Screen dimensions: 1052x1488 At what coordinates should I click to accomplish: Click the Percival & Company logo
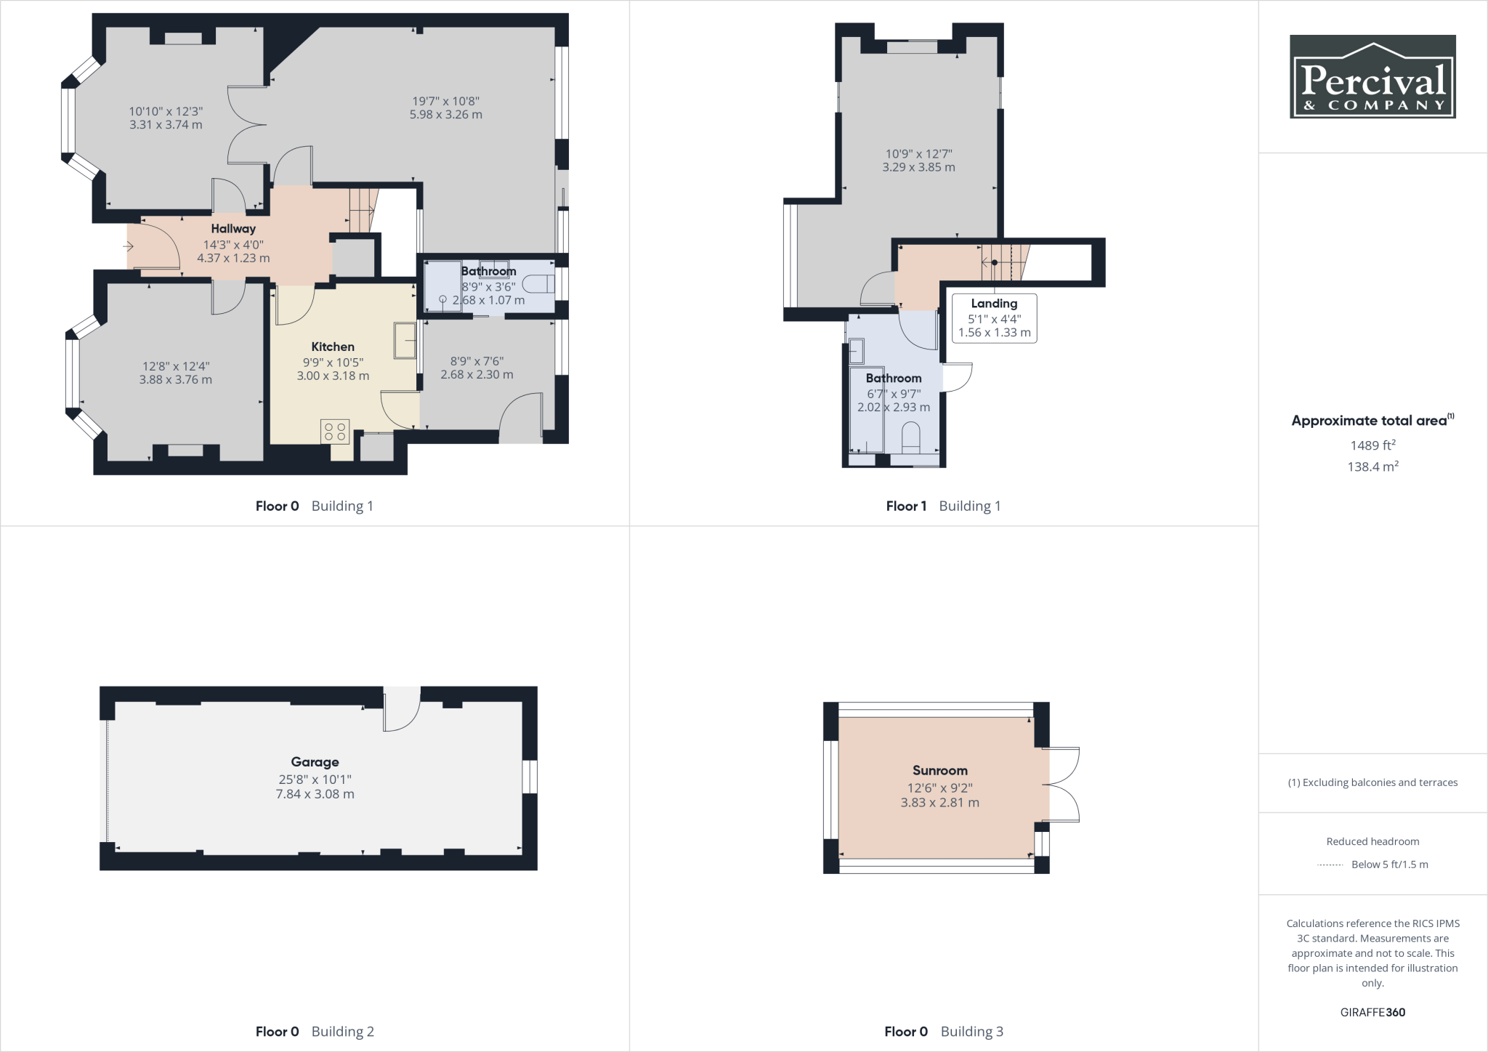[x=1372, y=76]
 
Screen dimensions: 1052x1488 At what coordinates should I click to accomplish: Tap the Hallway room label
[x=233, y=229]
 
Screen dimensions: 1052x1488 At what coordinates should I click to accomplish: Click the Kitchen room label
[x=333, y=347]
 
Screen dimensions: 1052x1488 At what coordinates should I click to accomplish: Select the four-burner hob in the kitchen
[x=335, y=432]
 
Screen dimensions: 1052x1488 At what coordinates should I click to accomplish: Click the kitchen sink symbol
[x=405, y=340]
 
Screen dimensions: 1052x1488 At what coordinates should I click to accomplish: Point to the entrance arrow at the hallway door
[x=129, y=247]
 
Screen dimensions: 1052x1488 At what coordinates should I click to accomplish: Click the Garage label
[x=315, y=762]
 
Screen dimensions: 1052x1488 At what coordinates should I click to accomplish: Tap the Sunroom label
[x=939, y=770]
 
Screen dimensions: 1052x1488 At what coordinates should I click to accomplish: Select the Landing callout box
[x=994, y=318]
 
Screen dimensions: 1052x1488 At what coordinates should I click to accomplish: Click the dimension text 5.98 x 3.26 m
[x=445, y=115]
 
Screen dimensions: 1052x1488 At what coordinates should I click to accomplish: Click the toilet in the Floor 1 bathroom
[x=910, y=438]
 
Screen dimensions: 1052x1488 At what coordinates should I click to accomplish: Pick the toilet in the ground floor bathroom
[x=538, y=284]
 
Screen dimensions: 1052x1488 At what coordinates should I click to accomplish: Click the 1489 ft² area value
[x=1372, y=445]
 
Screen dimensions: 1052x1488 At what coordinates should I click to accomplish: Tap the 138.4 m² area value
[x=1372, y=466]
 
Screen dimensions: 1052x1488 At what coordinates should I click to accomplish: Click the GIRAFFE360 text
[x=1372, y=1012]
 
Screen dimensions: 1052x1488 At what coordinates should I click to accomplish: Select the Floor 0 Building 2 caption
[x=315, y=1031]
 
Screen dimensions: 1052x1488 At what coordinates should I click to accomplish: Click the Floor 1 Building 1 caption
[x=943, y=506]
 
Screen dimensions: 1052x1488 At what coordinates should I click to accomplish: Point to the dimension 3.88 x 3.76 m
[x=176, y=380]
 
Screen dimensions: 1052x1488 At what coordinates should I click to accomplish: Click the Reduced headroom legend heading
[x=1372, y=841]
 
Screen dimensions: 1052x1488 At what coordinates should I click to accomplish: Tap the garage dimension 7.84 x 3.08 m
[x=315, y=794]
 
